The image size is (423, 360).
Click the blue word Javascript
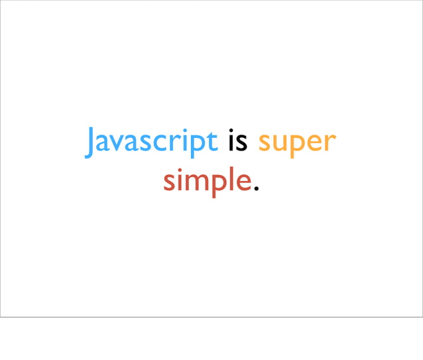(151, 143)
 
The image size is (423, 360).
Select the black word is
(237, 143)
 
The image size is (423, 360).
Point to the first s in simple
(169, 182)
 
